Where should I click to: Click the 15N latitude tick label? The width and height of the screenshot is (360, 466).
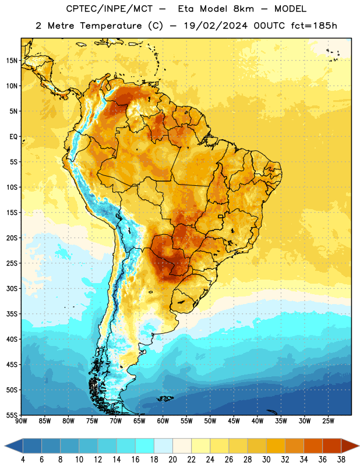click(x=12, y=61)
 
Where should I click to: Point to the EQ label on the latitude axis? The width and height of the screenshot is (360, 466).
click(x=13, y=137)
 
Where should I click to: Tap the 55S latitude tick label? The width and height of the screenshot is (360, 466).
click(x=12, y=415)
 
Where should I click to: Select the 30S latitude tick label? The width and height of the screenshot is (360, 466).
click(x=12, y=288)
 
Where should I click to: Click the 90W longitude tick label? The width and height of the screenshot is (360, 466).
click(x=21, y=421)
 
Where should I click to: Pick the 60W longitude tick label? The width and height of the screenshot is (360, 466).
click(x=163, y=421)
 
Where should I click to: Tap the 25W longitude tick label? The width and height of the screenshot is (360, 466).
click(x=328, y=421)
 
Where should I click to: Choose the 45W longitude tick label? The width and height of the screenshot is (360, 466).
click(x=234, y=421)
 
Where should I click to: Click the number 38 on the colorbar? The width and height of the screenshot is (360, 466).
click(x=341, y=460)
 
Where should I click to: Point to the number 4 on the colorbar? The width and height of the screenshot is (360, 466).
click(x=23, y=460)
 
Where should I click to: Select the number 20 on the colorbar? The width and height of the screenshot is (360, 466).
click(x=172, y=460)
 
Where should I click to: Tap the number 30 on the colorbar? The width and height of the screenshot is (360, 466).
click(x=266, y=460)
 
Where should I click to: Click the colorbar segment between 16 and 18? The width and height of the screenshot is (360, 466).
click(x=144, y=446)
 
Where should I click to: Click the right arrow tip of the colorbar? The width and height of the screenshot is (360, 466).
click(x=359, y=446)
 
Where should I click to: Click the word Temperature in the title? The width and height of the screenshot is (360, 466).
click(x=111, y=26)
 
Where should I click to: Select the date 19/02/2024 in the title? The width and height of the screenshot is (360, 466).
click(x=216, y=26)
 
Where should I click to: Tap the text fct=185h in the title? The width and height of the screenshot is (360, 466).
click(x=314, y=26)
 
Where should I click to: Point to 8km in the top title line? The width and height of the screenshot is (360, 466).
click(x=243, y=9)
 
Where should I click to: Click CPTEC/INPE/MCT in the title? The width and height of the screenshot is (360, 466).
click(x=109, y=9)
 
